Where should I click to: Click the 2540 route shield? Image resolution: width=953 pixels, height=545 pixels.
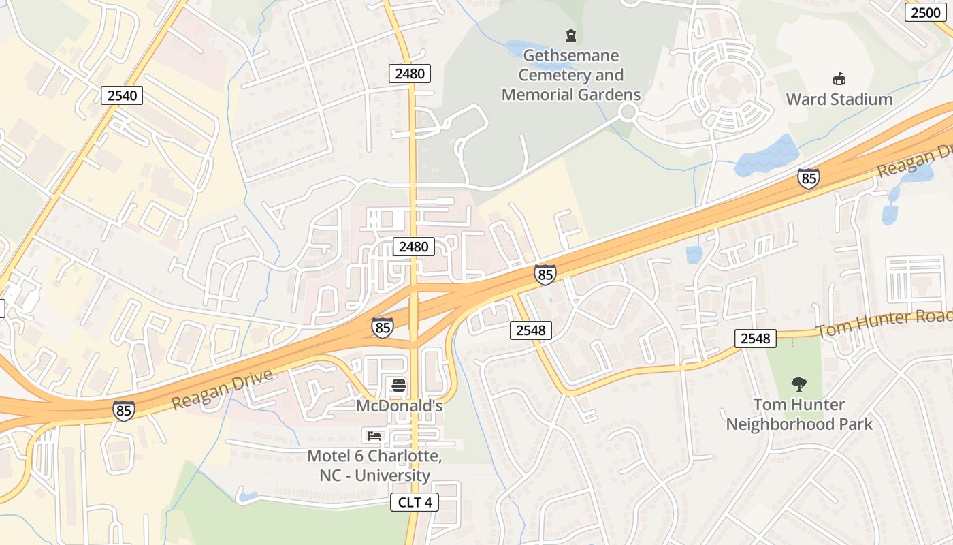pos(123,95)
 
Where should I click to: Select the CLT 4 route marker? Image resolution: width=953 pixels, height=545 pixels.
pos(415,503)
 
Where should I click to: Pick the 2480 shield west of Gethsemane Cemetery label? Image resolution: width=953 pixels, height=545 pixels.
pos(410,73)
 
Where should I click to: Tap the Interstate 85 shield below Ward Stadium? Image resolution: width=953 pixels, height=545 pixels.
pos(808,178)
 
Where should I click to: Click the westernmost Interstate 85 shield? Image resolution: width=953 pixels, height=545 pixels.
pos(123,409)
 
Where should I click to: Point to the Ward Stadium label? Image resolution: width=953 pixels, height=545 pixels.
pos(839,99)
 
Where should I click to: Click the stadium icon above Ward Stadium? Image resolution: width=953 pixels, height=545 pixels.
pos(839,79)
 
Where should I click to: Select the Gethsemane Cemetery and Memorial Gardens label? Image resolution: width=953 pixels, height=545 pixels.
pos(571,75)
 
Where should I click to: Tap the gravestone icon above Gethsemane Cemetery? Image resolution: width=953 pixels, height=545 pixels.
pos(571,35)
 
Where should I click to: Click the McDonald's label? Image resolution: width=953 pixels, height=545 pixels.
pos(400,406)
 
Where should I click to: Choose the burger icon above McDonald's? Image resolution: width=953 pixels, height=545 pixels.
pos(400,386)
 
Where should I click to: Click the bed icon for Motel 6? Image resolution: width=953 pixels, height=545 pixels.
pos(374,435)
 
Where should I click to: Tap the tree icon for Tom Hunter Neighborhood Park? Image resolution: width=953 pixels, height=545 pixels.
pos(798,384)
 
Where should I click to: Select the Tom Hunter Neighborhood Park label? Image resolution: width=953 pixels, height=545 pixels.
pos(798,414)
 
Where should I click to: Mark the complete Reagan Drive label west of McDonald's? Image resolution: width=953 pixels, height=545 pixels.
pos(222,389)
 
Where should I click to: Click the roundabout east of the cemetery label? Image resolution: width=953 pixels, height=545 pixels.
pos(628,112)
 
